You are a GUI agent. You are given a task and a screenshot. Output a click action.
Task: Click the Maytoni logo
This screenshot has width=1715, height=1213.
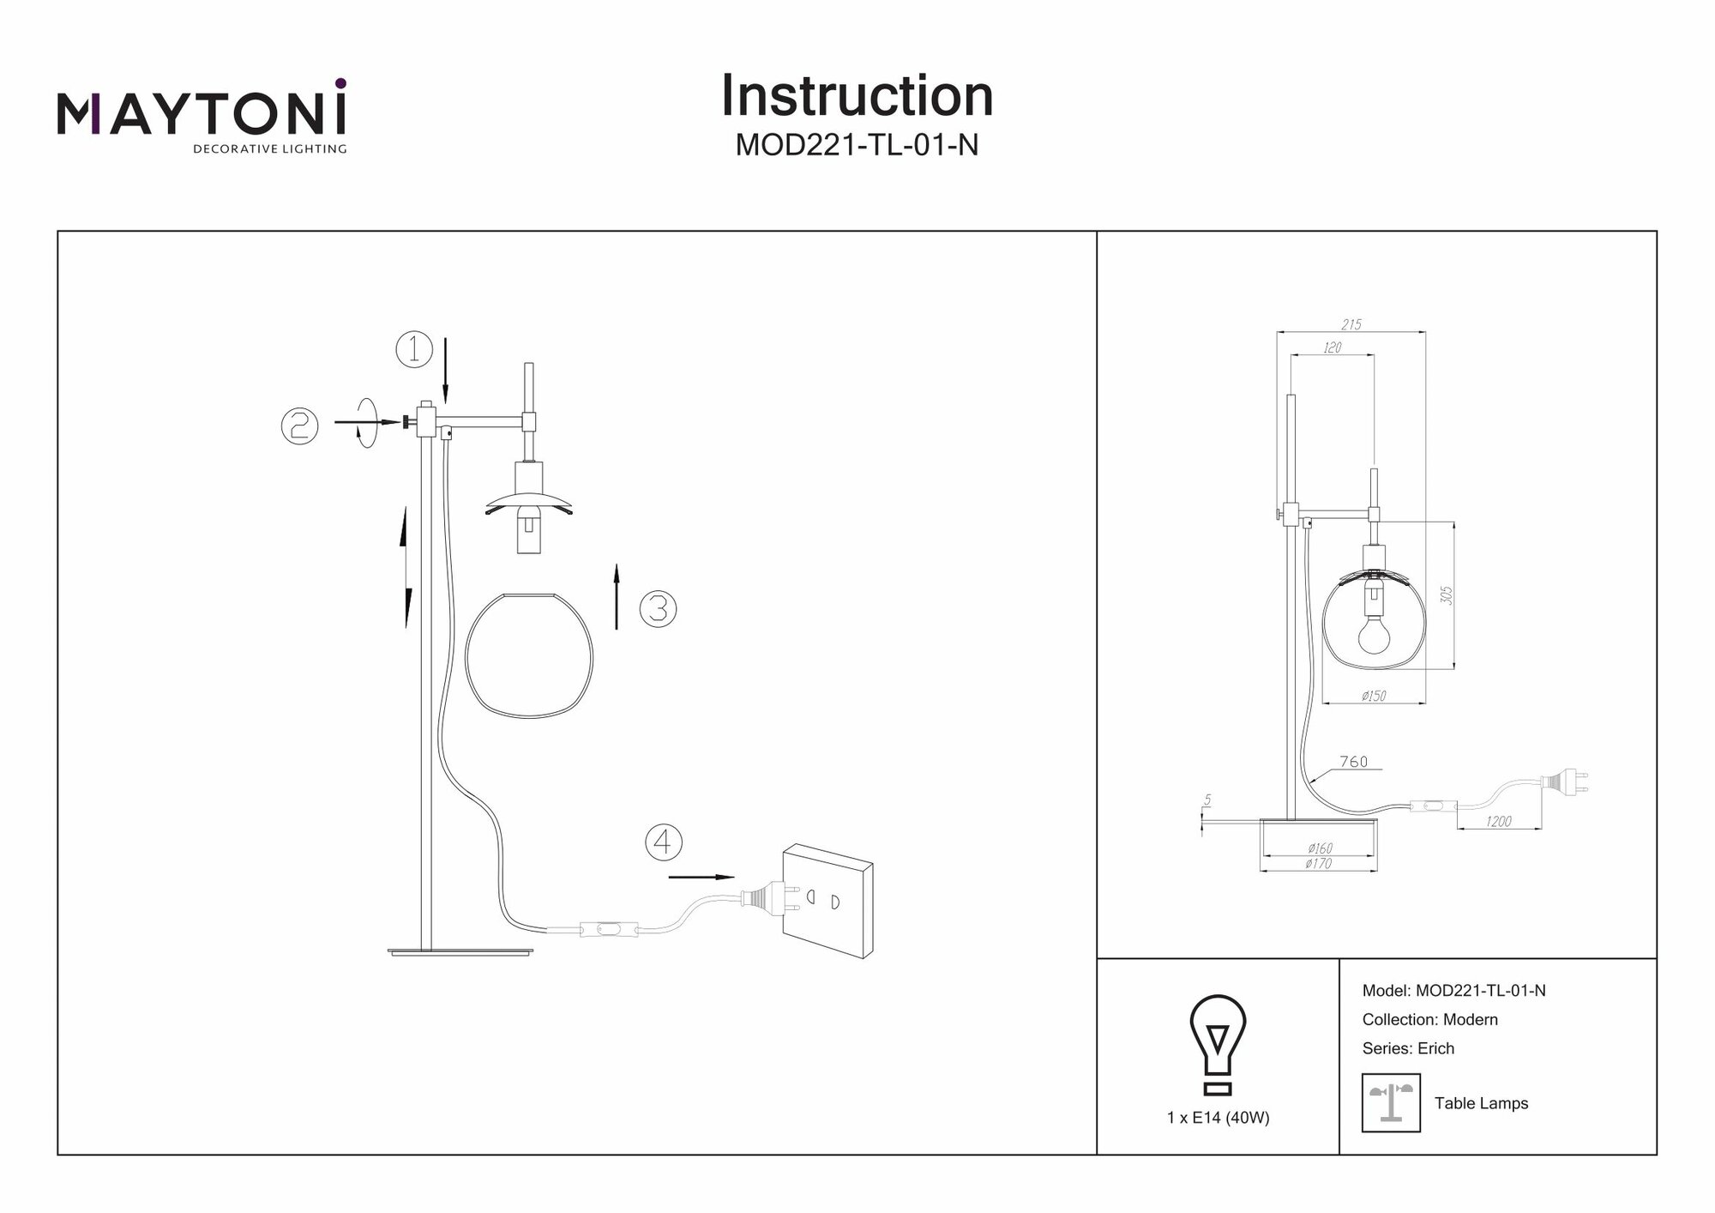202,116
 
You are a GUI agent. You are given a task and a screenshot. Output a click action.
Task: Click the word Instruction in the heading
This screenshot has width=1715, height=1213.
857,96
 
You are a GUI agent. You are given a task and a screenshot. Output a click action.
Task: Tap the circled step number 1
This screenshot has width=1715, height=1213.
414,350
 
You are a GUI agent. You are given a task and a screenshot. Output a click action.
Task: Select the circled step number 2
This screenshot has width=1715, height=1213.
300,425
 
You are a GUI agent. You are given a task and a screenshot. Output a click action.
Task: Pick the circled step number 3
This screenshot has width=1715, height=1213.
659,608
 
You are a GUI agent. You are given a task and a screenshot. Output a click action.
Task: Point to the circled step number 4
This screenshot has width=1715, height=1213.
664,842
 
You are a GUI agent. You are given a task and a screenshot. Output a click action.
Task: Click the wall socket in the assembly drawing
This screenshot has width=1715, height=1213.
827,900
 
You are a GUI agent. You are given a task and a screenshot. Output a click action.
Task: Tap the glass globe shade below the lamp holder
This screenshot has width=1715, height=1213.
529,655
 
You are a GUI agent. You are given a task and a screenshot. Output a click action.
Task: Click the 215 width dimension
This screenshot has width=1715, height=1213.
1351,324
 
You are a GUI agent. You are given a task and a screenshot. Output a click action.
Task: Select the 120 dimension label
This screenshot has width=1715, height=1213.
1332,347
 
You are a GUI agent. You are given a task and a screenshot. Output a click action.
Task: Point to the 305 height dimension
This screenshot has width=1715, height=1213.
1446,595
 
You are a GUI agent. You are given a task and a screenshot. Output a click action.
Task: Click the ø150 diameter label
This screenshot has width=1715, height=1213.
1374,697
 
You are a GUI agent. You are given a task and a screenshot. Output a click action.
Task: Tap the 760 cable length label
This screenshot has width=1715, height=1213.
1354,762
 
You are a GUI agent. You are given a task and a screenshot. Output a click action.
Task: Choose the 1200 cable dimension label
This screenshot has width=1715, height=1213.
1498,822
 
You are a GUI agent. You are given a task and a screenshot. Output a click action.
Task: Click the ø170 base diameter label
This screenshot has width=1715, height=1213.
1318,864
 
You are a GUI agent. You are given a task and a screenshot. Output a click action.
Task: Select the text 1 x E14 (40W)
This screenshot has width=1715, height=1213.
1218,1118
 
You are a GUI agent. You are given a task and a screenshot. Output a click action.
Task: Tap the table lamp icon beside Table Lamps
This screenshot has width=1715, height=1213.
1391,1102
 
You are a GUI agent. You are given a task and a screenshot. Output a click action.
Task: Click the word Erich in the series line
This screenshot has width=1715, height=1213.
1435,1048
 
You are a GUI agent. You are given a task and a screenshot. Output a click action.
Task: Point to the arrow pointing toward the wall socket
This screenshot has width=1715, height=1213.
701,877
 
